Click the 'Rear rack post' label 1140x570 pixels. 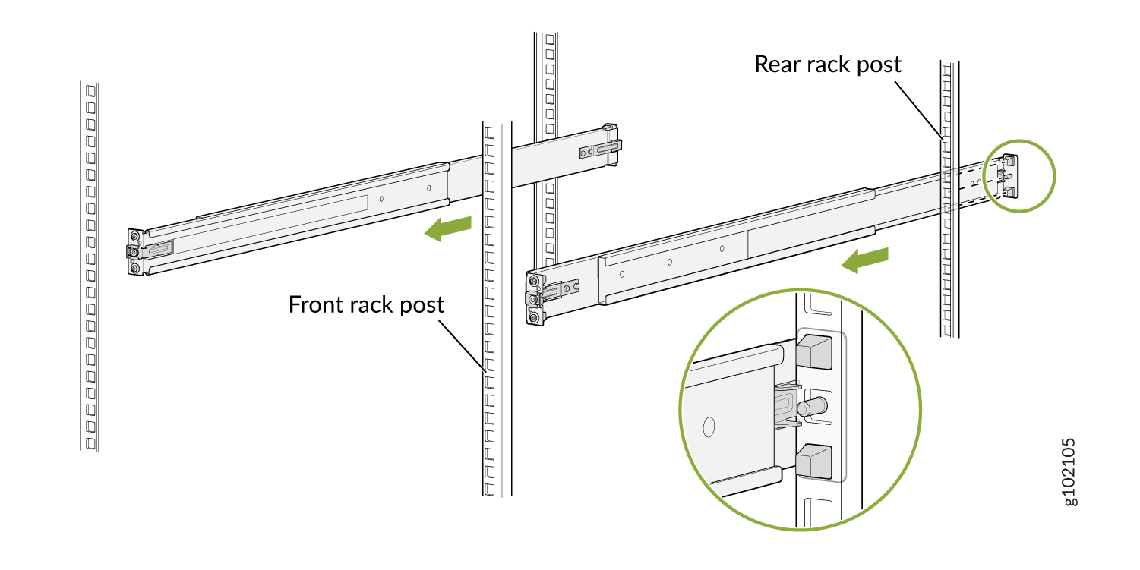click(x=827, y=65)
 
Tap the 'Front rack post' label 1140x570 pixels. click(x=366, y=304)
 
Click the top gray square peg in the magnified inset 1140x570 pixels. click(x=814, y=352)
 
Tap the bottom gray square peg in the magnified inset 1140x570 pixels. click(x=814, y=461)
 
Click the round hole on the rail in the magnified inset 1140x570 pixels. click(x=709, y=427)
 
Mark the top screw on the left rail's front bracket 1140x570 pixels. click(x=134, y=235)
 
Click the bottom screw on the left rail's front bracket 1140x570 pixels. click(x=134, y=267)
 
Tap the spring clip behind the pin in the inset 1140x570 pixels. click(x=785, y=406)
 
